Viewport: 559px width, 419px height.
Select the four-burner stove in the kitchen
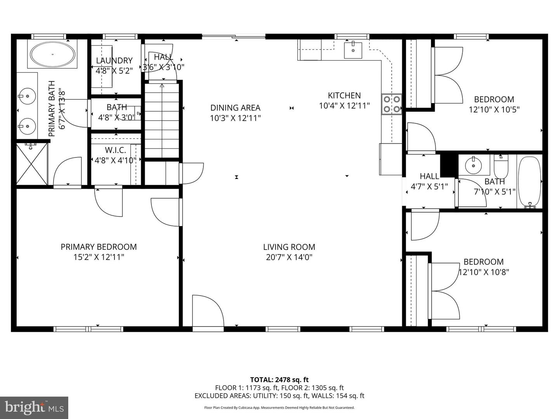pos(391,104)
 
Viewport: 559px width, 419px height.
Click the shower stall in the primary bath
pos(32,164)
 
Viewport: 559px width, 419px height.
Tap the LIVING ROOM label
pos(289,247)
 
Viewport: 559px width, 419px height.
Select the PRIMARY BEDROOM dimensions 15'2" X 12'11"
pos(99,257)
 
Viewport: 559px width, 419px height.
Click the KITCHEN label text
pos(344,95)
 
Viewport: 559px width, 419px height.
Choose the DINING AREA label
pos(235,108)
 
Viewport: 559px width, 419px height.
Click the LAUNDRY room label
pos(114,61)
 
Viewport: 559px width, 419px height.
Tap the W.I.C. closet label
pos(115,150)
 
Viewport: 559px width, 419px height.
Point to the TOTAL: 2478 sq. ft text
pos(279,380)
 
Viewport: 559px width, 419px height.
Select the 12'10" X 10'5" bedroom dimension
pos(494,109)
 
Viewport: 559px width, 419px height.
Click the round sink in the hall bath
pos(473,166)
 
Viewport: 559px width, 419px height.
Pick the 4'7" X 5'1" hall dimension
pos(429,186)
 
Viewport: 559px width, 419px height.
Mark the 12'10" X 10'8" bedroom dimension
pos(484,272)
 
